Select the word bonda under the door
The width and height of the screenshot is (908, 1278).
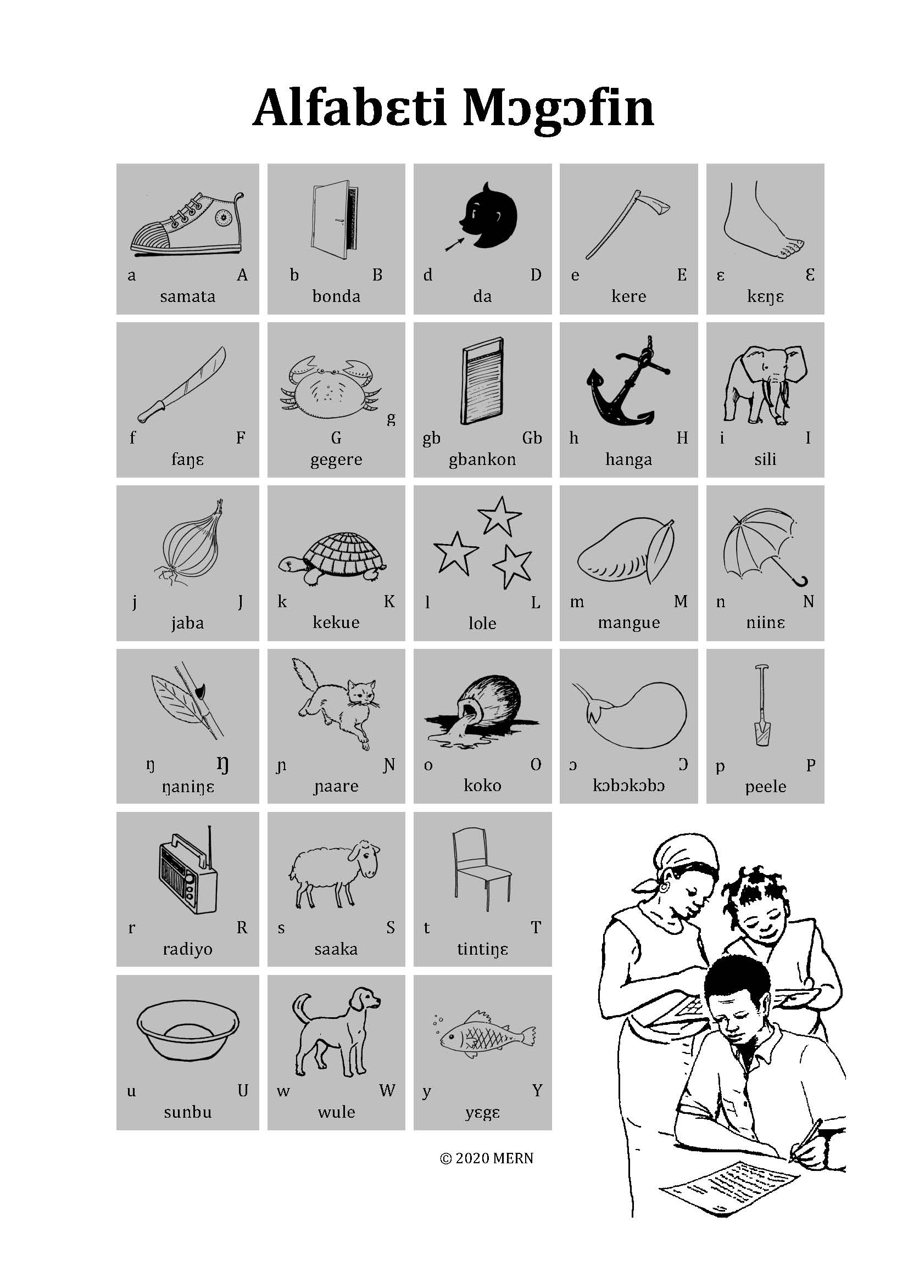(336, 296)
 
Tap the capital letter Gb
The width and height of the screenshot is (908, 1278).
(532, 438)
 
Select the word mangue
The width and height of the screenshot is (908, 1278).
(628, 623)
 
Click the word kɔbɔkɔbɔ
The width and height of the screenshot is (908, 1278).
(628, 786)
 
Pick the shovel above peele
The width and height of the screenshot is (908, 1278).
(762, 705)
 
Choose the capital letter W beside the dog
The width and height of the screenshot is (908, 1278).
(387, 1090)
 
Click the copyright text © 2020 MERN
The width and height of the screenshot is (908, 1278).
(487, 1158)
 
